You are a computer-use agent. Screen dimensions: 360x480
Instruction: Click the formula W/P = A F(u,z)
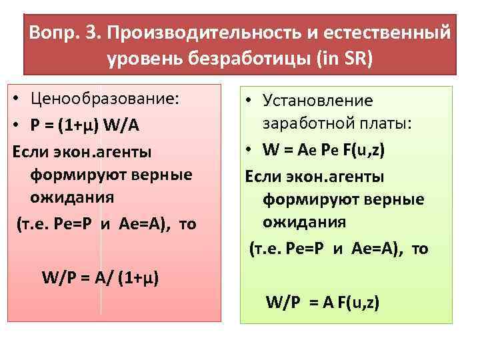coord(323,303)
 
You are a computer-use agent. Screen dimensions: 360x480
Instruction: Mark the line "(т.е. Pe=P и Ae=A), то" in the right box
coord(339,249)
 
